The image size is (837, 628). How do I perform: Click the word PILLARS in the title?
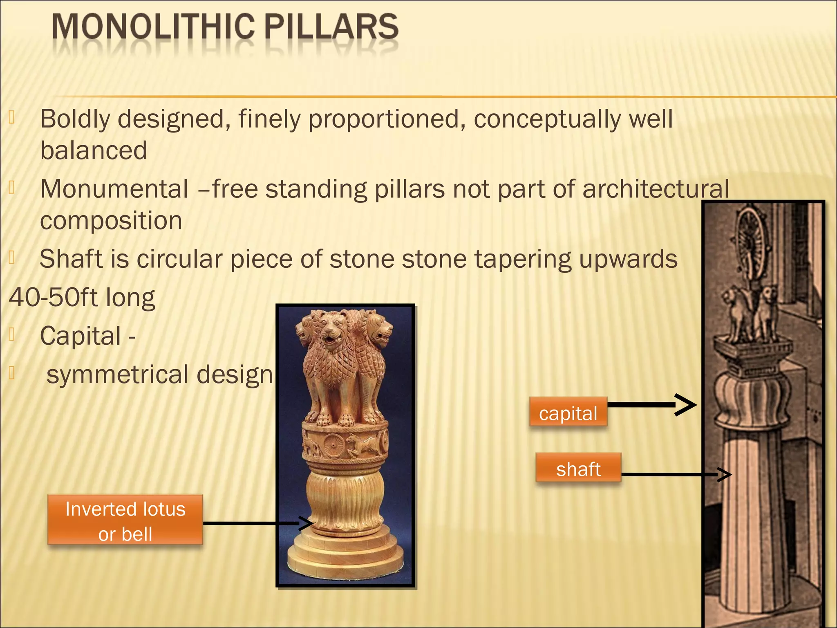point(331,27)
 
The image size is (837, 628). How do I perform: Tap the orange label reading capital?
point(568,413)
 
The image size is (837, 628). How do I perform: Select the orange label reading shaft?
point(578,469)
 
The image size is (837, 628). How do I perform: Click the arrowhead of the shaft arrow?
point(725,475)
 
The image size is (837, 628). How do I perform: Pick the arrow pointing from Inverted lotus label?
point(253,523)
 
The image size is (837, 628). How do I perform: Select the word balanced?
point(94,150)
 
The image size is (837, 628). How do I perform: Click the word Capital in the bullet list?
point(81,336)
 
